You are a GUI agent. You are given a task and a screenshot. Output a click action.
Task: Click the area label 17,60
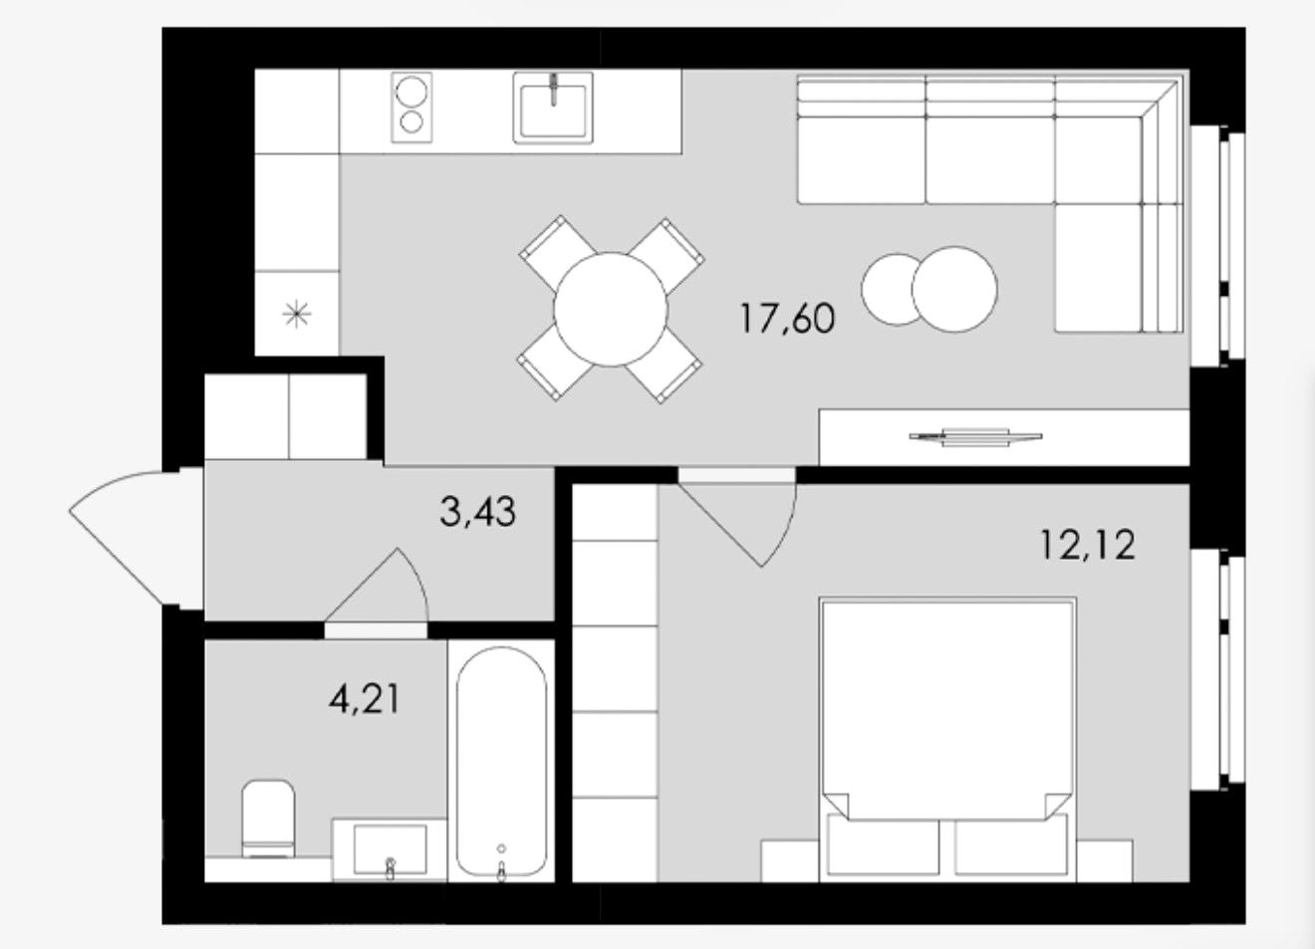(x=787, y=320)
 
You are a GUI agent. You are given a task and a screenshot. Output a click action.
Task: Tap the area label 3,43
(x=478, y=511)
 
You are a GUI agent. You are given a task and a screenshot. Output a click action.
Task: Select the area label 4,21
(x=365, y=699)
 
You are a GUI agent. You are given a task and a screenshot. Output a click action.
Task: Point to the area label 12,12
(x=1088, y=545)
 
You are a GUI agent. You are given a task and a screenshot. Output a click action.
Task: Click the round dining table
(x=611, y=310)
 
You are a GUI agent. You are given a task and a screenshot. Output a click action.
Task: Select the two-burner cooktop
(x=411, y=108)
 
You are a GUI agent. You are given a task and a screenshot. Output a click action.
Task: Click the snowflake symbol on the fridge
(x=297, y=315)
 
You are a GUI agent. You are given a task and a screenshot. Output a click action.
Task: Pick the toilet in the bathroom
(x=268, y=819)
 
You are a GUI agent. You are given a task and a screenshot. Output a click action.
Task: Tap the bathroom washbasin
(x=390, y=849)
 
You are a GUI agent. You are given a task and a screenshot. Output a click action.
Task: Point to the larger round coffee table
(x=954, y=290)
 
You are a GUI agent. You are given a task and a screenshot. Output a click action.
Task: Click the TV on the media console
(x=975, y=437)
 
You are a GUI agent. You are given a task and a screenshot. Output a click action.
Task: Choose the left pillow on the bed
(x=883, y=847)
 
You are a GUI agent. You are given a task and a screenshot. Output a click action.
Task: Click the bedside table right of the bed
(x=1104, y=861)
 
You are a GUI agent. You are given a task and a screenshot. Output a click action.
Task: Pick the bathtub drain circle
(x=501, y=848)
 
